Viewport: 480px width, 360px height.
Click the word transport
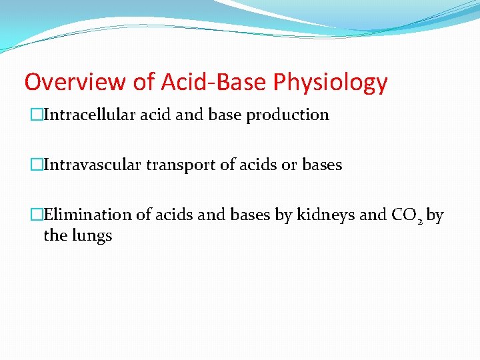pyautogui.click(x=183, y=165)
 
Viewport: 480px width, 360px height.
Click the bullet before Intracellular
pyautogui.click(x=38, y=115)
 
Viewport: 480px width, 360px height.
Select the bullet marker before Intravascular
pyautogui.click(x=38, y=165)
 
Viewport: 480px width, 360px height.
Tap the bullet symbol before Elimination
pyautogui.click(x=38, y=215)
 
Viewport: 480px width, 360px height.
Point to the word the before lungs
pyautogui.click(x=55, y=235)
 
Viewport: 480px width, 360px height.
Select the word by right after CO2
pyautogui.click(x=435, y=215)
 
